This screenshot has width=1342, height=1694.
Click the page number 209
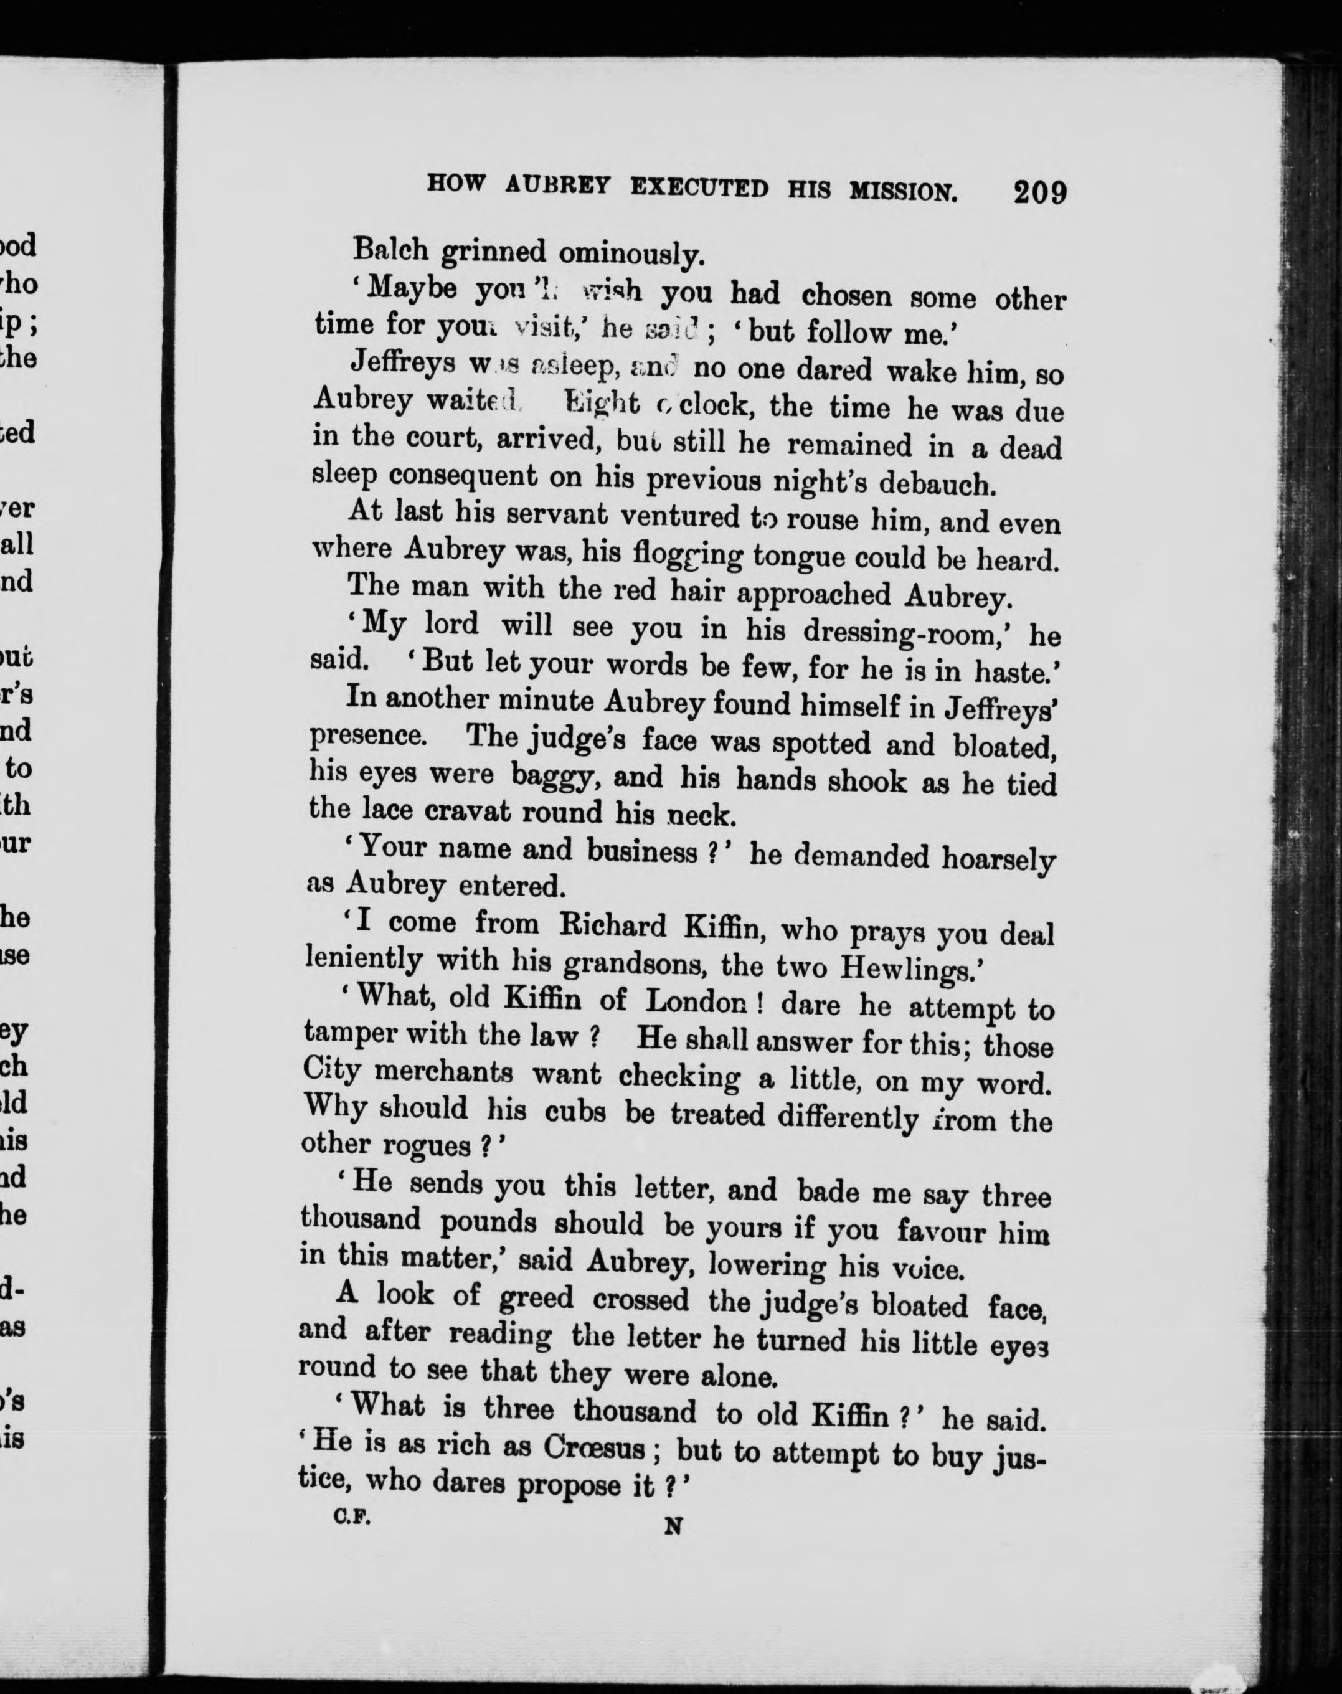[1039, 192]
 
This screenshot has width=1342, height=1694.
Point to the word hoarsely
[997, 859]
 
